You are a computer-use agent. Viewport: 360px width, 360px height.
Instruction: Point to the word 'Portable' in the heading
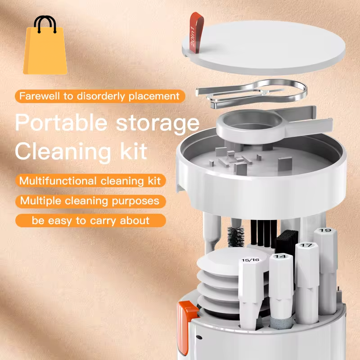coord(64,123)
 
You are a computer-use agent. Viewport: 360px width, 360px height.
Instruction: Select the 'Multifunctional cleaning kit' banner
coord(90,181)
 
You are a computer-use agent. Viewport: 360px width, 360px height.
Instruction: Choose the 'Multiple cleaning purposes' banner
coord(90,201)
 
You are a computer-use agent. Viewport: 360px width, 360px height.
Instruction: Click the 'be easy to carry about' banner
coord(90,220)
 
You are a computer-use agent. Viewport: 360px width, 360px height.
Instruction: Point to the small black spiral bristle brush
coord(235,236)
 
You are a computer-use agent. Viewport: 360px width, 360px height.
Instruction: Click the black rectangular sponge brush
coord(285,243)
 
